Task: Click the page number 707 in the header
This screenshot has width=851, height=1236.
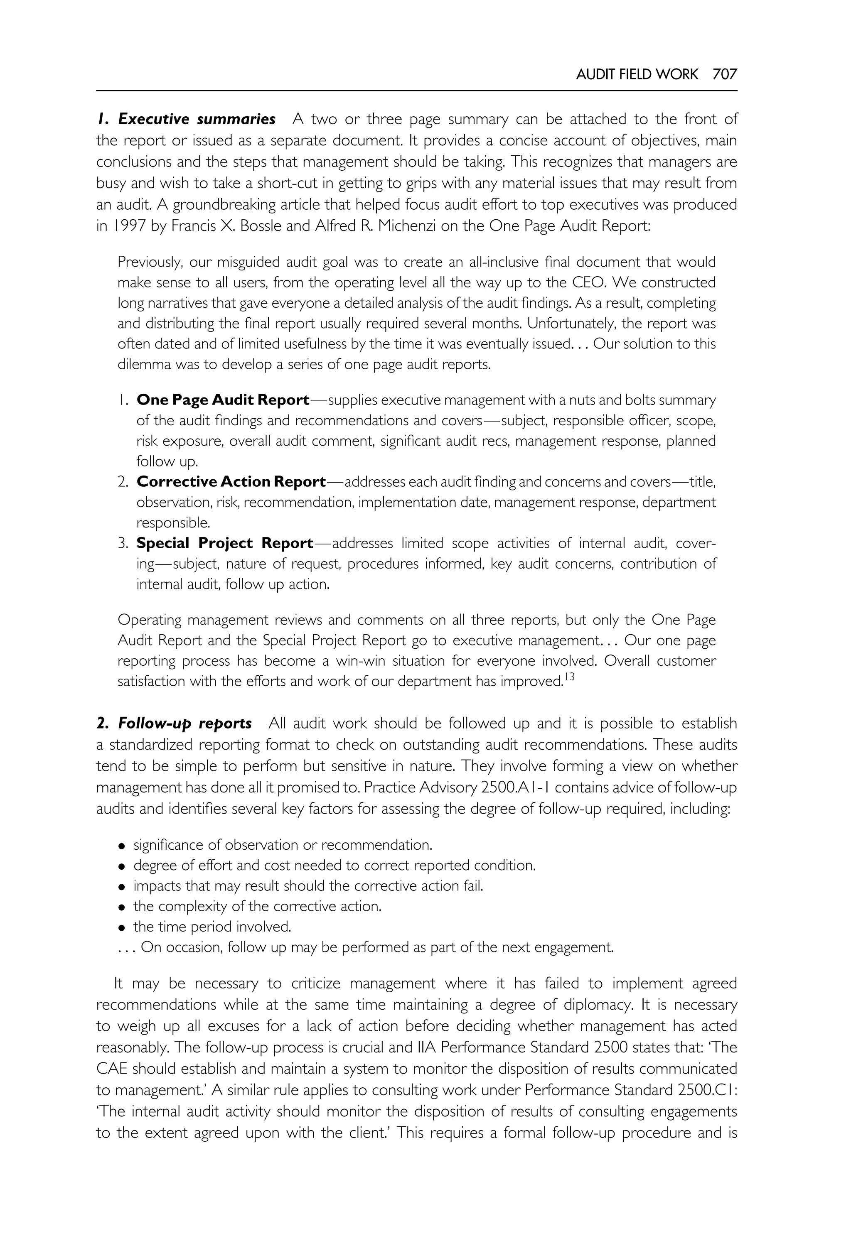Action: tap(725, 74)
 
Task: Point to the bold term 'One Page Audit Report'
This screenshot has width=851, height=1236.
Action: tap(223, 400)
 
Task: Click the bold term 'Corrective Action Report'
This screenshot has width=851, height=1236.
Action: tap(231, 482)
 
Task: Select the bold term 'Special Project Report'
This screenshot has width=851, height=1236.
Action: tap(224, 543)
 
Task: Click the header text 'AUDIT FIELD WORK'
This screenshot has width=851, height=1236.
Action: tap(637, 74)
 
